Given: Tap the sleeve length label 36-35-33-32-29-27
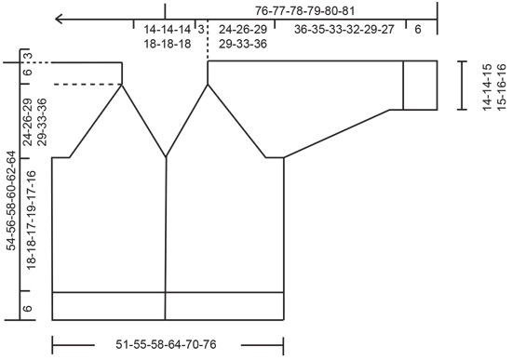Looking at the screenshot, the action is point(344,30).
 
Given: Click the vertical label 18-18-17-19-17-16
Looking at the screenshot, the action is point(32,220).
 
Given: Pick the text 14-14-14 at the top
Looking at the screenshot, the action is point(168,30).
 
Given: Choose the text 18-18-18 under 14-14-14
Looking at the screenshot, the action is point(168,44).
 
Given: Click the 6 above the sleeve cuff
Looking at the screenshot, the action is point(418,30).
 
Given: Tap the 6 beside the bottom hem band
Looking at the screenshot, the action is point(28,308).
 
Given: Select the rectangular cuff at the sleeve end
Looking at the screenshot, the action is point(420,86).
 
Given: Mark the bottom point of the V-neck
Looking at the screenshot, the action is point(167,158).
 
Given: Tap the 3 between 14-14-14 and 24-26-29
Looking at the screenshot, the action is point(201,30).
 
